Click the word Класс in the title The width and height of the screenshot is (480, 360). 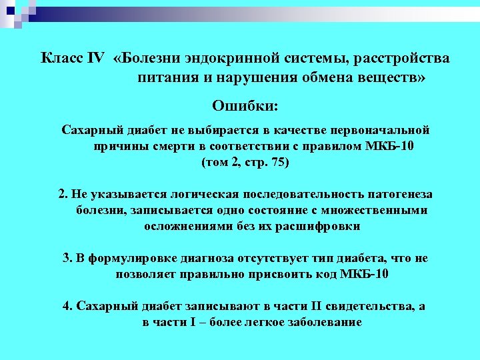coord(62,58)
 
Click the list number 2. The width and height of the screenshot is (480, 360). coord(63,194)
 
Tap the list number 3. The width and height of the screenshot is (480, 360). coord(67,258)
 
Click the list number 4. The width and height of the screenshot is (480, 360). coord(67,306)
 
